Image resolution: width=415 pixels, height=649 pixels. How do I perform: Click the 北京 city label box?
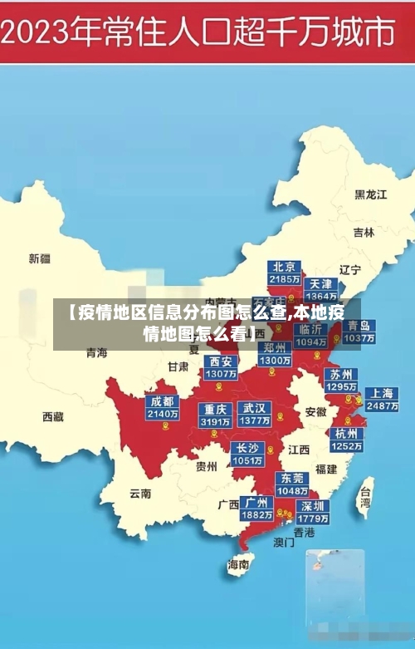pyautogui.click(x=284, y=267)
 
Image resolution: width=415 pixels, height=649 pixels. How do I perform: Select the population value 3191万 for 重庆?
pyautogui.click(x=216, y=421)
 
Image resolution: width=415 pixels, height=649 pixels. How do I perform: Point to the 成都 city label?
pyautogui.click(x=161, y=401)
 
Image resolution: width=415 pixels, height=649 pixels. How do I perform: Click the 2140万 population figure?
pyautogui.click(x=161, y=414)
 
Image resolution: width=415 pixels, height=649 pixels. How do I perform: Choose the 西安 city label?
pyautogui.click(x=221, y=361)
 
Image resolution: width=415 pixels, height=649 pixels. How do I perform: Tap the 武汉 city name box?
pyautogui.click(x=254, y=409)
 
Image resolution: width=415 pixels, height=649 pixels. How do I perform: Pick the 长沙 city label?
pyautogui.click(x=248, y=448)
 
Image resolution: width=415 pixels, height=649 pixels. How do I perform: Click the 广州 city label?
pyautogui.click(x=256, y=503)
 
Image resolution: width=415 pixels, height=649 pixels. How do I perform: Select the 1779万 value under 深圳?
pyautogui.click(x=313, y=519)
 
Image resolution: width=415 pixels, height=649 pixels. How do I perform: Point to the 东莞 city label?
pyautogui.click(x=292, y=479)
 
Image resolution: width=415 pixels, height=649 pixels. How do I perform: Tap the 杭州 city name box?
pyautogui.click(x=346, y=433)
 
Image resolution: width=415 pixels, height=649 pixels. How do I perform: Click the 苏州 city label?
pyautogui.click(x=340, y=374)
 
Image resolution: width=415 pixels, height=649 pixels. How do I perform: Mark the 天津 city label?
pyautogui.click(x=320, y=284)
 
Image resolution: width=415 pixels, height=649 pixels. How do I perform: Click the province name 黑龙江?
pyautogui.click(x=371, y=194)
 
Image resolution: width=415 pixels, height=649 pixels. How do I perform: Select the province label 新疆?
pyautogui.click(x=39, y=258)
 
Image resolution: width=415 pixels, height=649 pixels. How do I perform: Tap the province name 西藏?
pyautogui.click(x=52, y=416)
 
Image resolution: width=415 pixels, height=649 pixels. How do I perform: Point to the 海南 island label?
pyautogui.click(x=238, y=565)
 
